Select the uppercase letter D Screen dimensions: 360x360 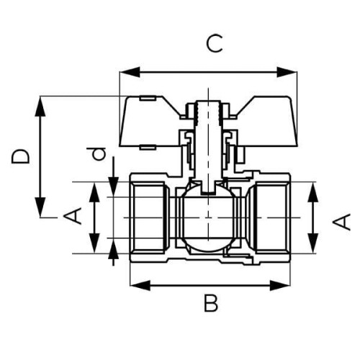coord(22,156)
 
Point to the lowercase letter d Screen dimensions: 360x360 coord(96,153)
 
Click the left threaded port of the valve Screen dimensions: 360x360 coord(149,217)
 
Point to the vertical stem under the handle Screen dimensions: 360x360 coord(207,144)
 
